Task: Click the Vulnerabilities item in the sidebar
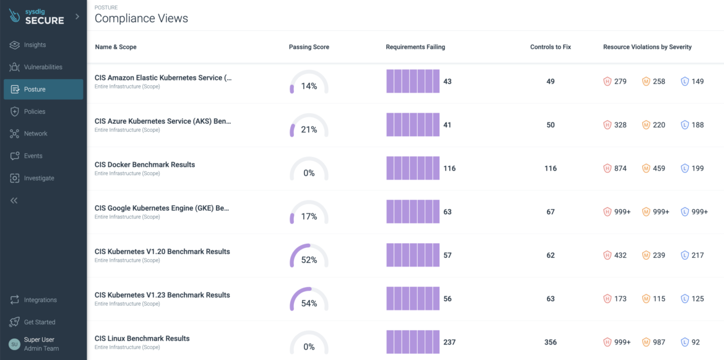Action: click(x=43, y=67)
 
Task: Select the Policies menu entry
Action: click(x=35, y=111)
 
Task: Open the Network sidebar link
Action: click(x=35, y=134)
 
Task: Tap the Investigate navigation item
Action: click(x=39, y=178)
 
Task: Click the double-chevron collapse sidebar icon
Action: click(x=14, y=200)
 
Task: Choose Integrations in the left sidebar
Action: click(x=40, y=300)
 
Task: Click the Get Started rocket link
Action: click(x=40, y=322)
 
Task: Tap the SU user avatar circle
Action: click(x=14, y=344)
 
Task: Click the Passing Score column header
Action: click(x=309, y=47)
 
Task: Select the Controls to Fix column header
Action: click(x=550, y=47)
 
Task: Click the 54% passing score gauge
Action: click(x=309, y=301)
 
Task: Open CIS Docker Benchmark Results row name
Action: click(x=145, y=165)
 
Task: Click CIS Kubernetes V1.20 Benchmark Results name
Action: click(x=162, y=252)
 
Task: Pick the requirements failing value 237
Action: click(x=450, y=342)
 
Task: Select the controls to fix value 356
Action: click(x=550, y=342)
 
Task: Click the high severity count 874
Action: click(x=620, y=168)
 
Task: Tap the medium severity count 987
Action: click(x=659, y=342)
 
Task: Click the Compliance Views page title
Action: click(x=141, y=19)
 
